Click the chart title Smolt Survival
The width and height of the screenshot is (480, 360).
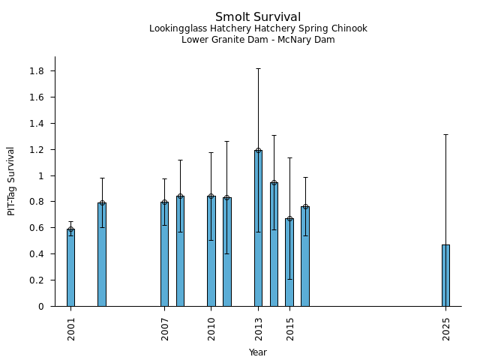tap(258, 17)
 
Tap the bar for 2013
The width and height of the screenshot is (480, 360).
tap(258, 228)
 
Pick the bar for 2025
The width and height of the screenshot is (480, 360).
tap(445, 275)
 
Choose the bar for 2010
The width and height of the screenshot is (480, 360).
tap(211, 250)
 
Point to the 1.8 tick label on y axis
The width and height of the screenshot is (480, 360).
tap(36, 71)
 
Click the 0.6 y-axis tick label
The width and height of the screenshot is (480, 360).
tap(36, 228)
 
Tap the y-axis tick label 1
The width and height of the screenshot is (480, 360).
tap(40, 175)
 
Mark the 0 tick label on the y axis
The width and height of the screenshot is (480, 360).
tap(40, 306)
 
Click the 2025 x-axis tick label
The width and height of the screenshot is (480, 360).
tap(446, 328)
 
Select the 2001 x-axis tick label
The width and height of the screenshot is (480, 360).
tap(71, 328)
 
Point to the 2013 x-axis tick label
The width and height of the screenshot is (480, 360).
tap(259, 328)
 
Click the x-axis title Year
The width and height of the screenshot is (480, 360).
tap(258, 352)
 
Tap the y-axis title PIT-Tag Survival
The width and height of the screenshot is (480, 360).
tap(11, 181)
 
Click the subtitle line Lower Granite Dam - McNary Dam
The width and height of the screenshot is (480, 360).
tap(258, 40)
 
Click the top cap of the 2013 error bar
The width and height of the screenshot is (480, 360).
tap(258, 68)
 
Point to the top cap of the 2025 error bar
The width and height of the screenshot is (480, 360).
tap(445, 134)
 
